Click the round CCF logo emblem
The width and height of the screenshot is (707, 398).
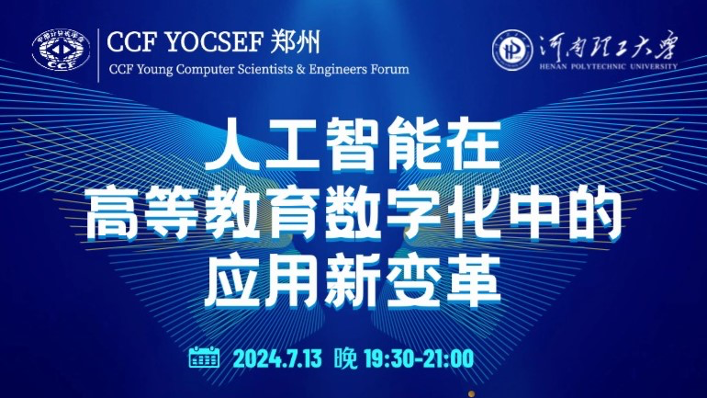click(61, 50)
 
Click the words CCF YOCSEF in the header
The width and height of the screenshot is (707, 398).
click(185, 42)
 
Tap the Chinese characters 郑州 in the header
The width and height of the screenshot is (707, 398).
click(296, 42)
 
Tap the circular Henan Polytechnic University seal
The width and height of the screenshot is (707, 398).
click(512, 50)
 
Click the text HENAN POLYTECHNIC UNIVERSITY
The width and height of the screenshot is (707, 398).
click(608, 66)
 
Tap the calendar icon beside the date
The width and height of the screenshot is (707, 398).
click(204, 358)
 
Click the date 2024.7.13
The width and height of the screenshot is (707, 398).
click(277, 359)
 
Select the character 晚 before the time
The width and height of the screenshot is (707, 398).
click(346, 358)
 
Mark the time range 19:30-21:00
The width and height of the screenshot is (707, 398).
click(419, 359)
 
